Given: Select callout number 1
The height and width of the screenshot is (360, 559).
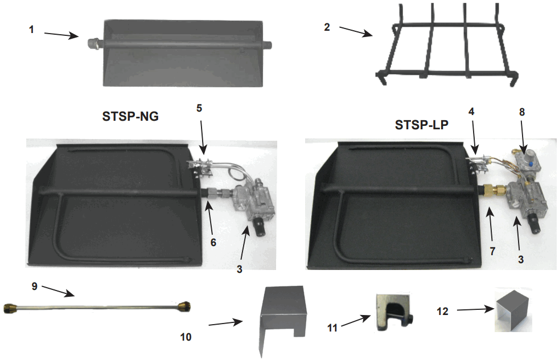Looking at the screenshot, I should (32, 29).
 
